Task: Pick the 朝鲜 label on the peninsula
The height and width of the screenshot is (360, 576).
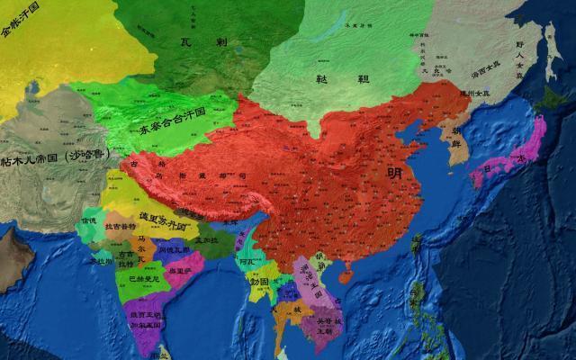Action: [x=451, y=136]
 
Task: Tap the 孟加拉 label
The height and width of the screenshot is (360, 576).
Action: [x=209, y=241]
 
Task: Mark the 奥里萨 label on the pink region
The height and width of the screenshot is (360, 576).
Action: [x=180, y=271]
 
